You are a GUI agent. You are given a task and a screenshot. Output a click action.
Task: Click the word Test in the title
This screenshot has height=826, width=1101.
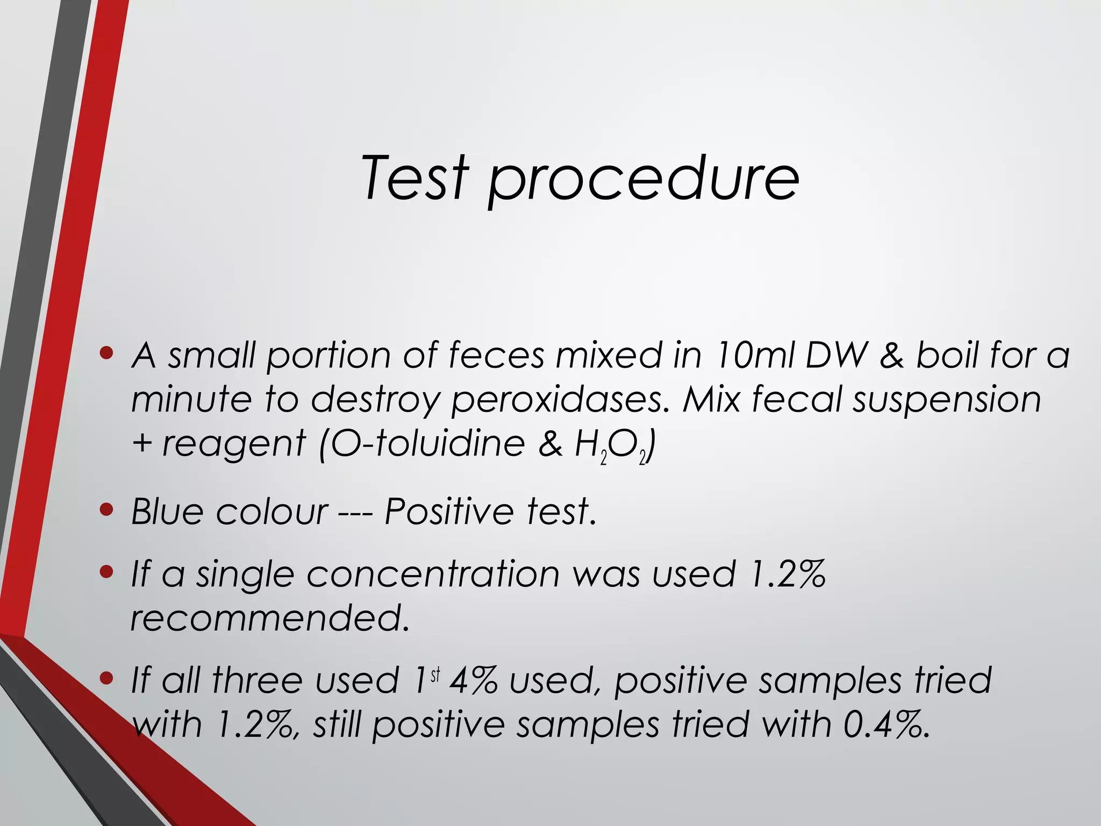(413, 177)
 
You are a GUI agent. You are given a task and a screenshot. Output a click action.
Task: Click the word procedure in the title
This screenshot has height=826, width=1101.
(643, 180)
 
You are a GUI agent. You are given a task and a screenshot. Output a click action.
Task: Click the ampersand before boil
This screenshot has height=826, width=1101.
(891, 356)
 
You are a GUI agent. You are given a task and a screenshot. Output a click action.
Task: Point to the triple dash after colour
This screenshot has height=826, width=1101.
(355, 512)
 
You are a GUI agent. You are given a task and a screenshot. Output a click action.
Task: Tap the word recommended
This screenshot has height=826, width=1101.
(269, 618)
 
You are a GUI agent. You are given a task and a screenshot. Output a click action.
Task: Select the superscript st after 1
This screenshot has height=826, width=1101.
(435, 674)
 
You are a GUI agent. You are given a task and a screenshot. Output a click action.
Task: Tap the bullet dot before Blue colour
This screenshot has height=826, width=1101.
(107, 509)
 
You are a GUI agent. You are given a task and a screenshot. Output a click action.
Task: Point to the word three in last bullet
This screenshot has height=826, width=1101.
(258, 680)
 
